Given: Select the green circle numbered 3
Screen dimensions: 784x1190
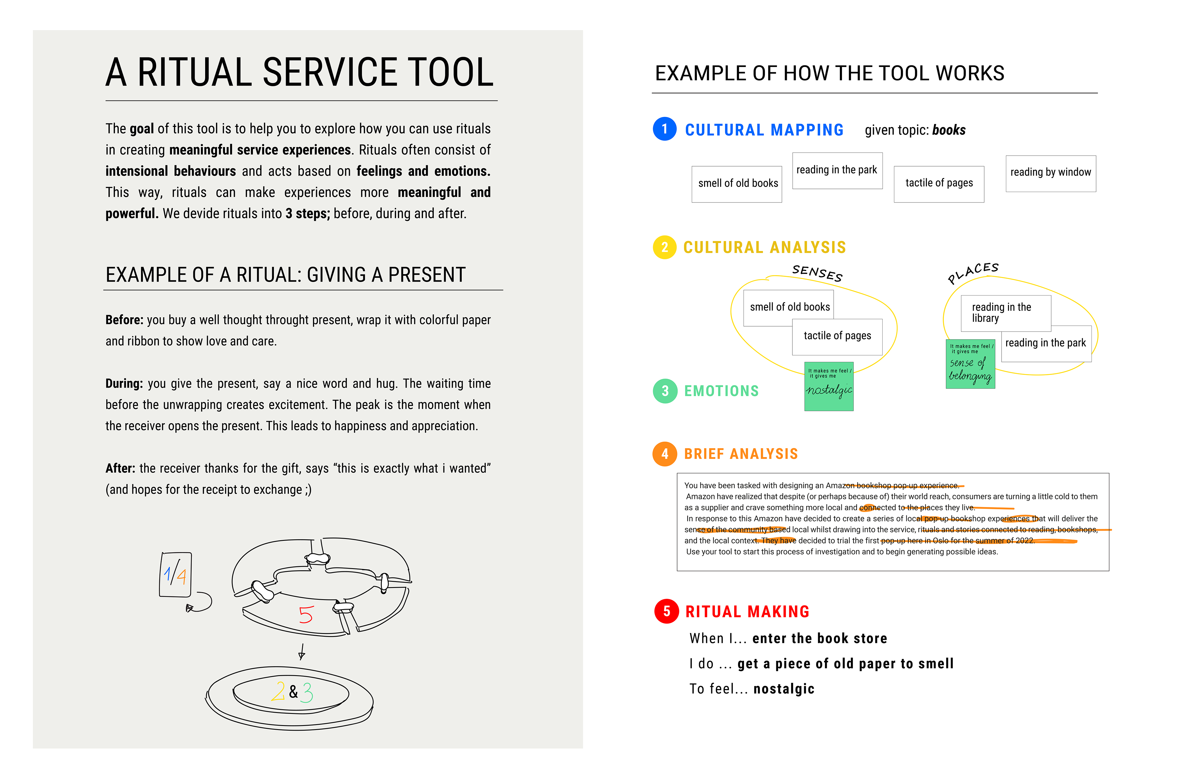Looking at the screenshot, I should tap(665, 391).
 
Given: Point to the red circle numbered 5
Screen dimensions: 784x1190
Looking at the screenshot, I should tap(667, 611).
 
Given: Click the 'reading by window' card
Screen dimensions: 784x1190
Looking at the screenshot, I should tap(1051, 173).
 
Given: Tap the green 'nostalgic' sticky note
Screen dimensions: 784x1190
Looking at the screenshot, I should tap(828, 386).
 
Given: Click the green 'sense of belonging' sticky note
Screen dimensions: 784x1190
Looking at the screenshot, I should tap(970, 364).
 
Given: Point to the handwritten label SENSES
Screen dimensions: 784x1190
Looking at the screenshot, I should tap(818, 273).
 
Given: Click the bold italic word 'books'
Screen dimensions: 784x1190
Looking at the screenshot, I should tap(949, 130).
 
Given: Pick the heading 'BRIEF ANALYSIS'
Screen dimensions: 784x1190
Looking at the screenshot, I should tap(741, 454).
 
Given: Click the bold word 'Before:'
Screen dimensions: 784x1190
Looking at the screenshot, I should tap(124, 320).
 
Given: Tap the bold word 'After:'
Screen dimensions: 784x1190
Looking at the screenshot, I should tap(120, 468).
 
